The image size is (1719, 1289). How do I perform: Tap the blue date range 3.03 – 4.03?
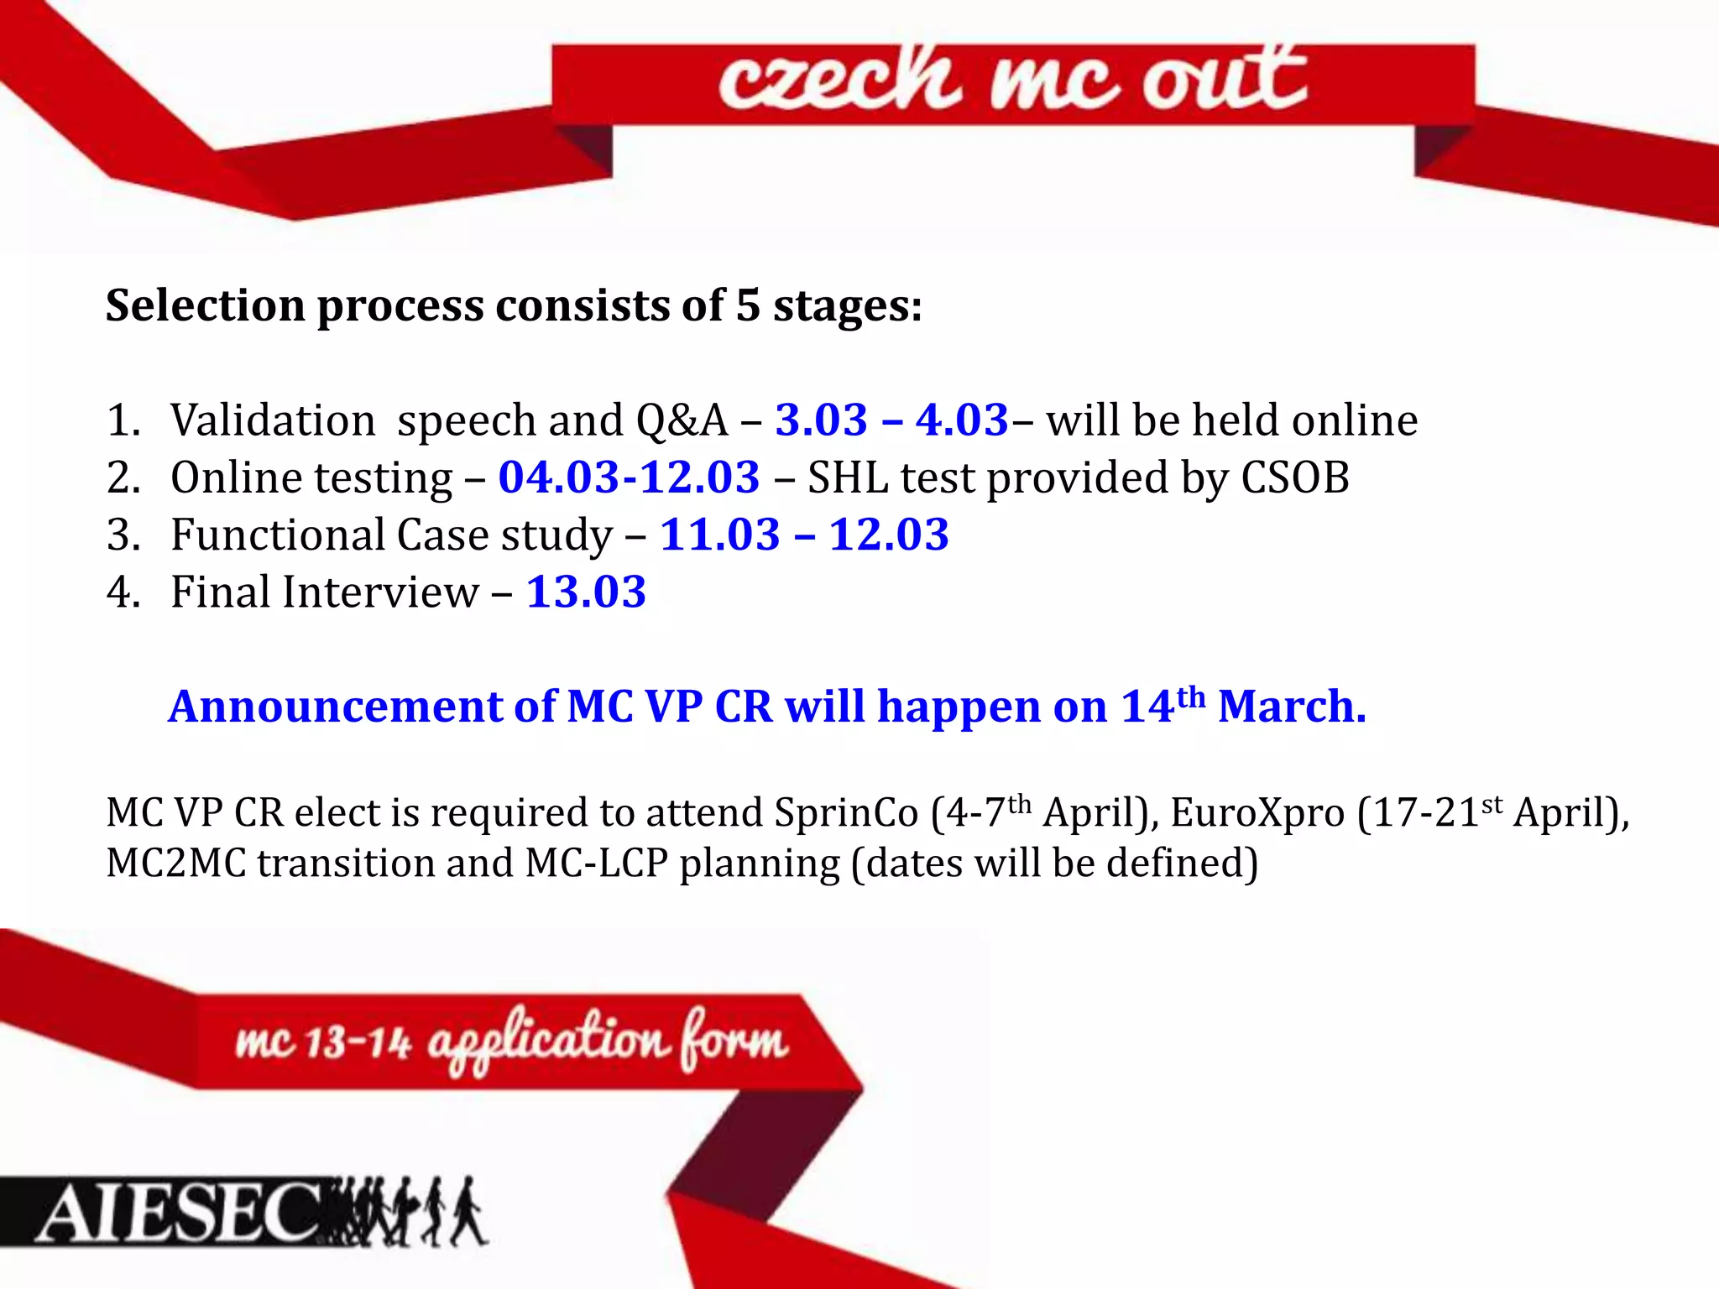click(x=891, y=420)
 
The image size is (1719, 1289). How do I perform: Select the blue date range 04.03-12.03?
click(x=629, y=478)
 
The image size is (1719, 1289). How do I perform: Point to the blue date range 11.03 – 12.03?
click(x=804, y=535)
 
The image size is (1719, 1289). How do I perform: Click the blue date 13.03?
click(x=586, y=592)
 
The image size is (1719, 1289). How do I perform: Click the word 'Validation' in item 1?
click(x=273, y=420)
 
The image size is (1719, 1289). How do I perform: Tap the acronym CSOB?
click(x=1294, y=478)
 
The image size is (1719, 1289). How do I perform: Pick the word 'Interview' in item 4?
click(x=380, y=592)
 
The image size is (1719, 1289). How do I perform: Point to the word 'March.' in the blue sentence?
click(x=1292, y=707)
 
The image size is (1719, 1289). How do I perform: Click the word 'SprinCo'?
click(x=846, y=813)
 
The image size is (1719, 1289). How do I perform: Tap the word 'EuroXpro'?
click(x=1257, y=813)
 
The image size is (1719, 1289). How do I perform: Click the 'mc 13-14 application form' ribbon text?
click(x=512, y=1041)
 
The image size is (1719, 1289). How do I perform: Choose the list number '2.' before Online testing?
click(x=123, y=478)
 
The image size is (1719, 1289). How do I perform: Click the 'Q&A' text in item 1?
click(x=682, y=420)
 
